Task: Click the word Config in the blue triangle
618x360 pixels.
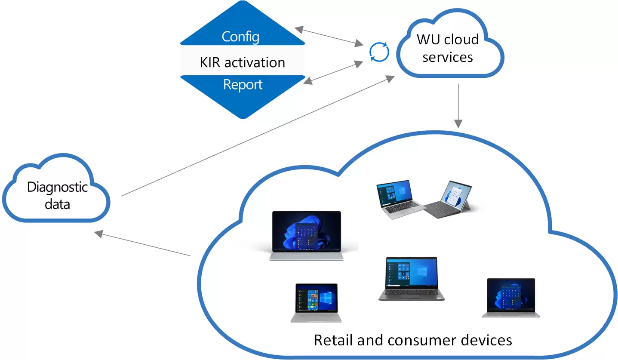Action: point(240,37)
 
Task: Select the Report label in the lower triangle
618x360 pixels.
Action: point(243,84)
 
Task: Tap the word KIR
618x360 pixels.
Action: point(211,62)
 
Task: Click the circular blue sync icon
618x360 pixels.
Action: point(379,52)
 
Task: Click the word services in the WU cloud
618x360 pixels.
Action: point(447,57)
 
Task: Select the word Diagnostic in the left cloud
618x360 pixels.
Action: point(57,187)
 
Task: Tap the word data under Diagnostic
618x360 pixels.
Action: point(57,203)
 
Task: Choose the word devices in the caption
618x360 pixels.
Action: point(484,340)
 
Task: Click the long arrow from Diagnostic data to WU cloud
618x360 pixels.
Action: point(258,136)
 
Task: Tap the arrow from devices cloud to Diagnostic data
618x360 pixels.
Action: point(142,244)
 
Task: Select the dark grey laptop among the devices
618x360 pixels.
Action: point(411,279)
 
